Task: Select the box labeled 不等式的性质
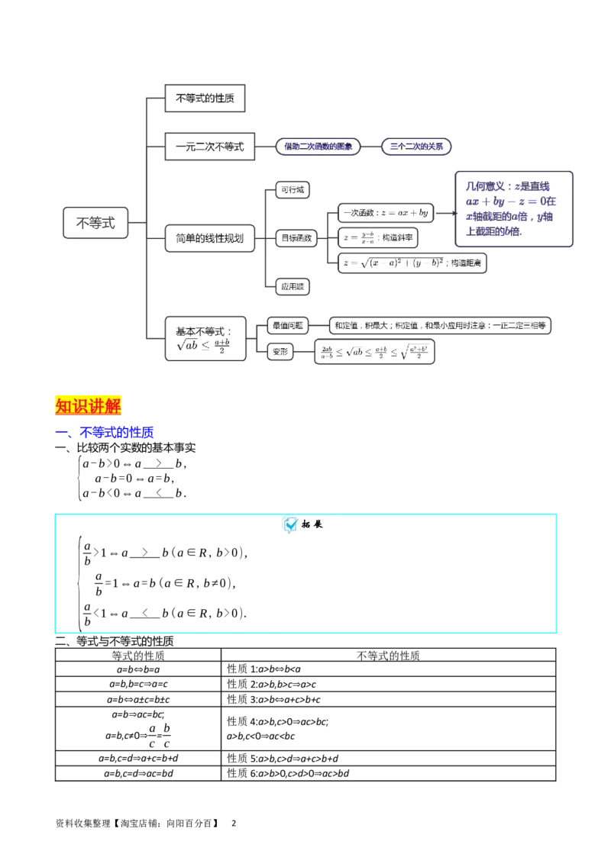pyautogui.click(x=205, y=98)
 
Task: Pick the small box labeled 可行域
pyautogui.click(x=294, y=190)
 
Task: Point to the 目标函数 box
pyautogui.click(x=296, y=238)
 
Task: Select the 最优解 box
pyautogui.click(x=294, y=287)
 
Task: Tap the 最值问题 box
pyautogui.click(x=286, y=326)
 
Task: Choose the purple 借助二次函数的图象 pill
pyautogui.click(x=317, y=147)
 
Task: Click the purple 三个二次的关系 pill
pyautogui.click(x=416, y=147)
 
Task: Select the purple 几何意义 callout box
pyautogui.click(x=513, y=208)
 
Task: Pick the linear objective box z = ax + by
pyautogui.click(x=386, y=213)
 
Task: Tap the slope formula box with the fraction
pyautogui.click(x=379, y=237)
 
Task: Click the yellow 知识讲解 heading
pyautogui.click(x=89, y=405)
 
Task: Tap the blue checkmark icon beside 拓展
pyautogui.click(x=291, y=524)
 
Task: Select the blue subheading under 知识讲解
pyautogui.click(x=115, y=433)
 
